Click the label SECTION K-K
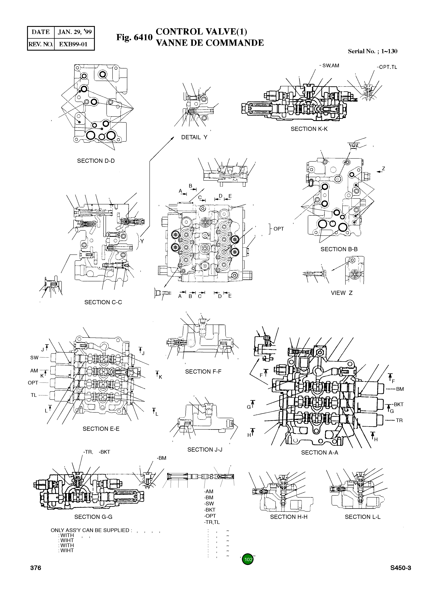[x=309, y=129]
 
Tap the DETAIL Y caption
[x=194, y=137]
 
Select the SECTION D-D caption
[x=96, y=161]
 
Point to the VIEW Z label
[x=341, y=293]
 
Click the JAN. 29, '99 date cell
[x=75, y=32]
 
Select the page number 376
[x=36, y=575]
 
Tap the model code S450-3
[x=400, y=575]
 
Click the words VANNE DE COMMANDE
[x=210, y=43]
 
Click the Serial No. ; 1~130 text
[x=372, y=51]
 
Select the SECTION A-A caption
[x=320, y=453]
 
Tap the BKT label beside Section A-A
[x=398, y=404]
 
